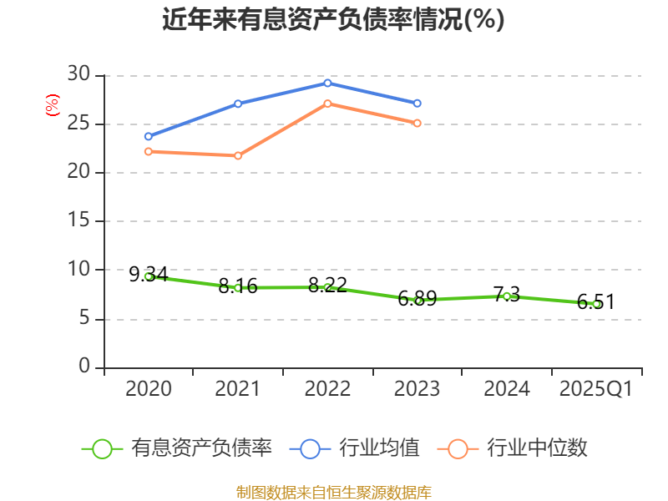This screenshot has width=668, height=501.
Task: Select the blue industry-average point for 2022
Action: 327,83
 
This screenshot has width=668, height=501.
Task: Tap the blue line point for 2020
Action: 149,136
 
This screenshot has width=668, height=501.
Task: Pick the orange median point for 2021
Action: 238,155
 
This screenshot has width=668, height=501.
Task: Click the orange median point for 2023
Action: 417,123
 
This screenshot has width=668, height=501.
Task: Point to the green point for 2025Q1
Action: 596,304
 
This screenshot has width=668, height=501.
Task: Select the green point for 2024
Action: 507,296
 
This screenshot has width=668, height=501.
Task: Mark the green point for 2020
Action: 149,276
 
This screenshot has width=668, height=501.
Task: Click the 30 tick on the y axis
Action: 78,75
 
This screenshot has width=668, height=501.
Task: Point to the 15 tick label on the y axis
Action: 78,221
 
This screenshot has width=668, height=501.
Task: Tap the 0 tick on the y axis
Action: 84,367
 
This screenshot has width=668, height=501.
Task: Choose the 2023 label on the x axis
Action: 417,389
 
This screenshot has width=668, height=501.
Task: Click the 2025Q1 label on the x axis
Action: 596,389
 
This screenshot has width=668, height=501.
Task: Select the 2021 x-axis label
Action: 238,389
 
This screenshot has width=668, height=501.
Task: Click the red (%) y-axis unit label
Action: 52,106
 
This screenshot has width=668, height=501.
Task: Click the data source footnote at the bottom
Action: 333,492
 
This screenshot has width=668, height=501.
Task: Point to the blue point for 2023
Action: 417,103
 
